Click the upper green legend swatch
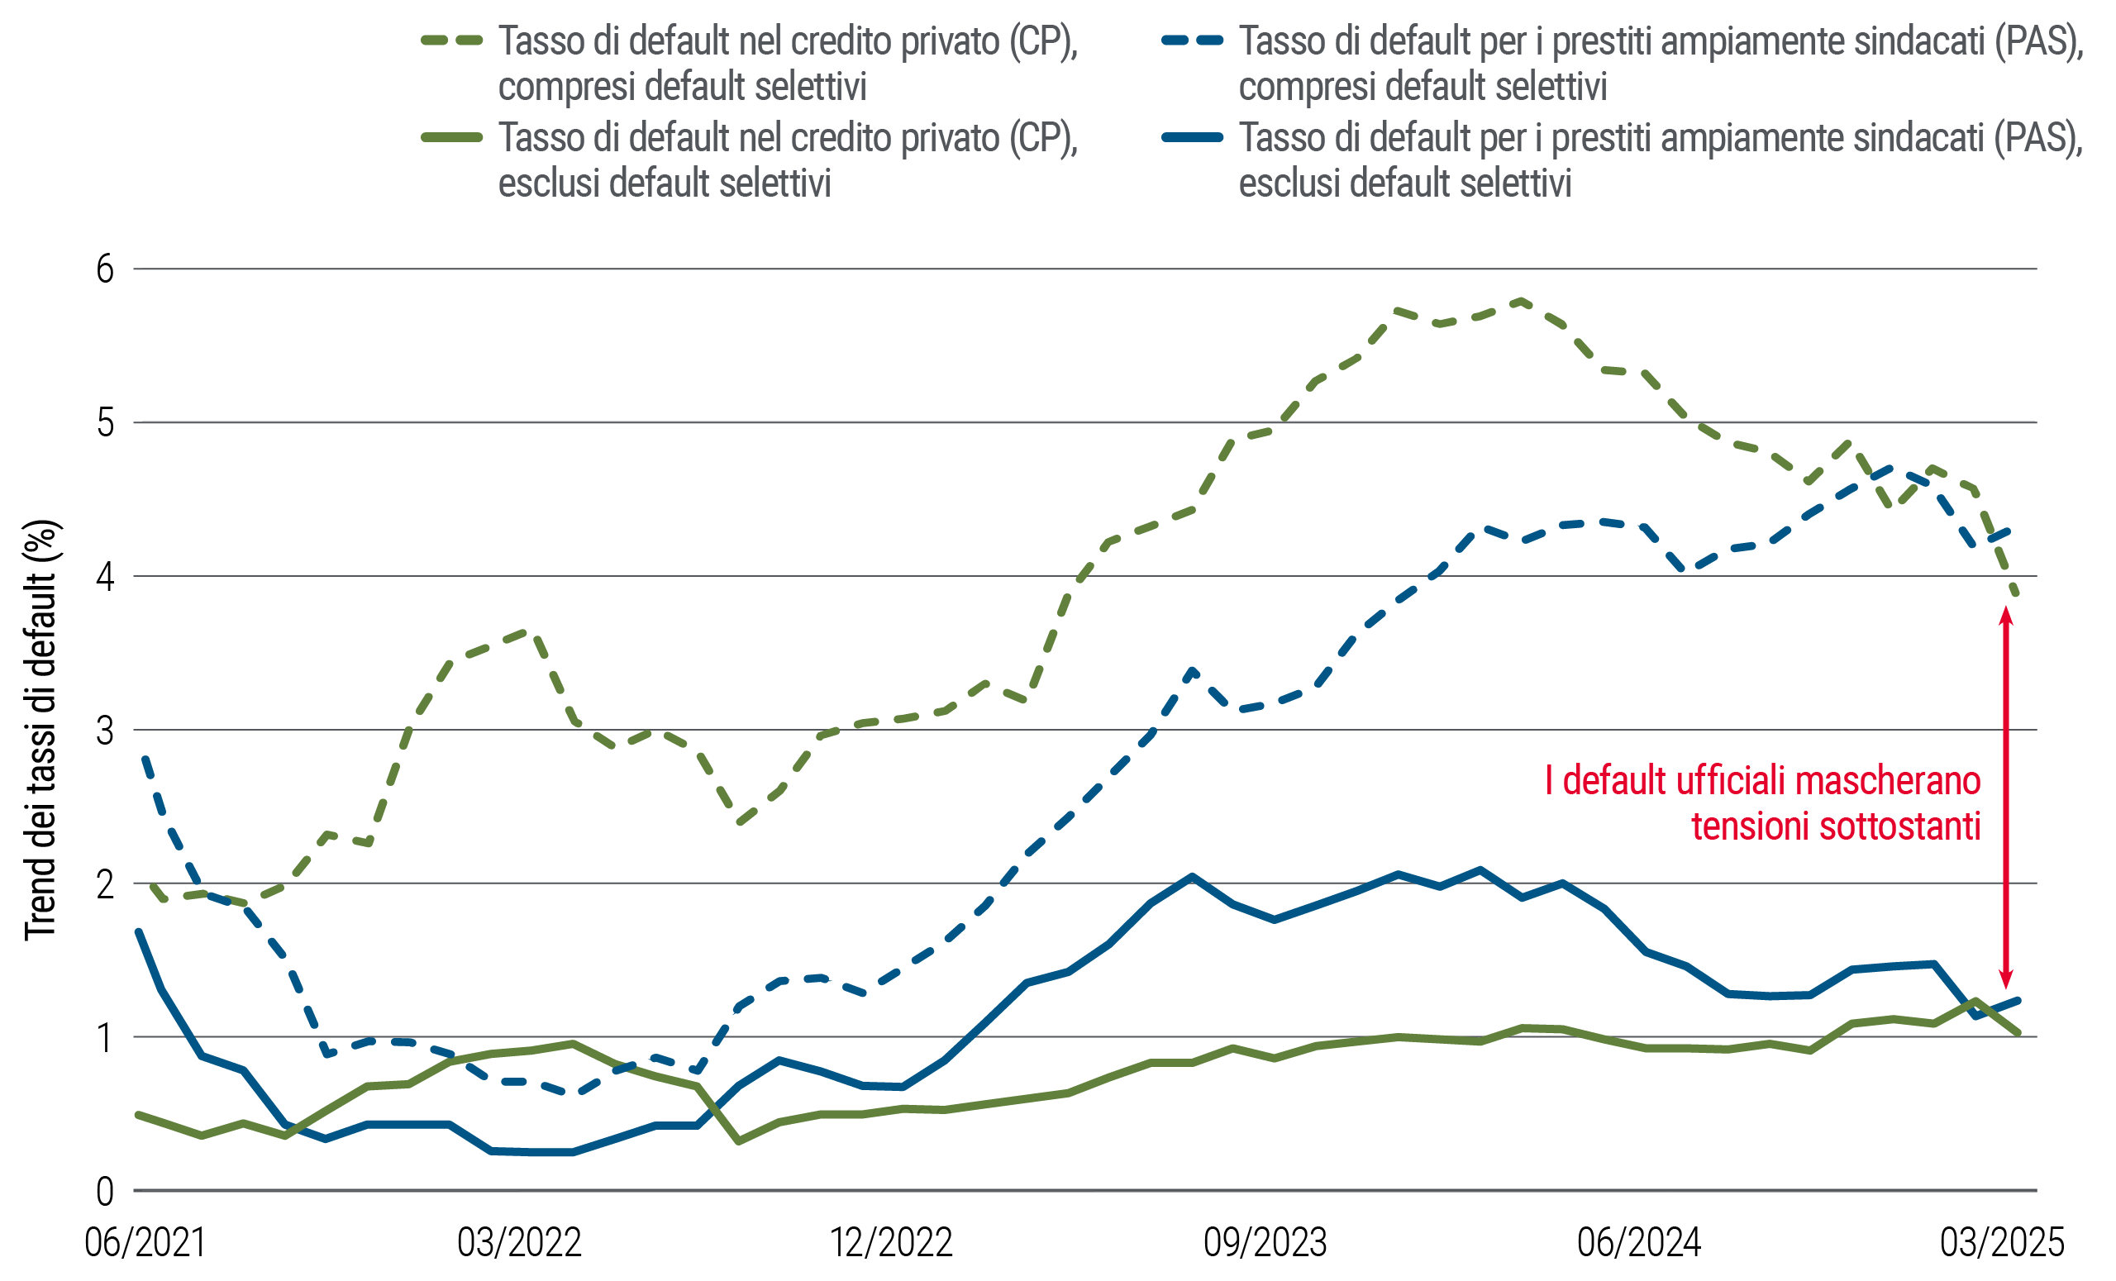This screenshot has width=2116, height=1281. (x=463, y=40)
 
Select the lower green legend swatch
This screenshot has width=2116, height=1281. (x=463, y=137)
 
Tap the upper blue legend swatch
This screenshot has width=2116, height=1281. (x=1203, y=40)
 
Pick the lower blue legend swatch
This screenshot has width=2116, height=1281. (x=1203, y=137)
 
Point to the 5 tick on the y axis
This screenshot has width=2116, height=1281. (x=106, y=422)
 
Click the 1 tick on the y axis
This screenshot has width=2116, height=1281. (x=109, y=1037)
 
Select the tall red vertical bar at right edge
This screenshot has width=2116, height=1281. (x=2058, y=798)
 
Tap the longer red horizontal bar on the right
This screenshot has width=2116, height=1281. (x=1773, y=779)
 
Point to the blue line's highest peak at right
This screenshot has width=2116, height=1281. (x=1894, y=471)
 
